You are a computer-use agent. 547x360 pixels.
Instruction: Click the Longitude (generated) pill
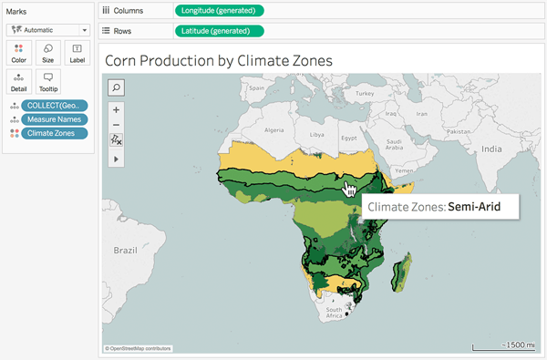[x=219, y=11]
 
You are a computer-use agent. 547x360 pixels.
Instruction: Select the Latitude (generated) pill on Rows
[x=219, y=31]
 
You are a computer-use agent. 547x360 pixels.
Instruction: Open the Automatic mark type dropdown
[x=47, y=28]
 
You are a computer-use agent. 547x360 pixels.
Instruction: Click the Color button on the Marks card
[x=19, y=52]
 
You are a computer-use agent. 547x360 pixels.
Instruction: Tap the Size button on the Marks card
[x=47, y=52]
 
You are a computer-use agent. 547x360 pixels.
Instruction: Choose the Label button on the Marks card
[x=77, y=52]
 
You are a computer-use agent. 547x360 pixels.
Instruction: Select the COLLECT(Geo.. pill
[x=54, y=105]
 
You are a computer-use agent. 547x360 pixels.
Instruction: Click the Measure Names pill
[x=54, y=118]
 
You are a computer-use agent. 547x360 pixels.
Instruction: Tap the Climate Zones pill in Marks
[x=54, y=133]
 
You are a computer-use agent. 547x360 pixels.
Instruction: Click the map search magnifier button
[x=117, y=87]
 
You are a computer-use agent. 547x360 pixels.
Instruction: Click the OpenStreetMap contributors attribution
[x=139, y=348]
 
